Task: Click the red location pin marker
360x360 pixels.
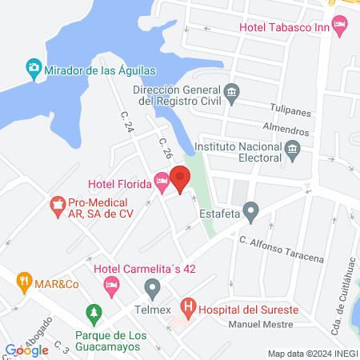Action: click(x=180, y=179)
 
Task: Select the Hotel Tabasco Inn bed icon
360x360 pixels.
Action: click(x=340, y=27)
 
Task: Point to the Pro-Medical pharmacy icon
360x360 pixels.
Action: click(x=57, y=206)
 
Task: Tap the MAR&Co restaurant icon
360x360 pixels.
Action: click(x=26, y=282)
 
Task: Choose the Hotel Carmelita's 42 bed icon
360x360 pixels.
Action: click(x=112, y=284)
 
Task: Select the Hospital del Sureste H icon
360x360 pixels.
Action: click(x=188, y=305)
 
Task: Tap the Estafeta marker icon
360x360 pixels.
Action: click(x=251, y=213)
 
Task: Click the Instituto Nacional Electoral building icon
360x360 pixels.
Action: click(x=292, y=149)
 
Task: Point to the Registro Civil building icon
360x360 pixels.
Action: click(x=232, y=91)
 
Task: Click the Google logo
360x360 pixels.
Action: click(x=27, y=350)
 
